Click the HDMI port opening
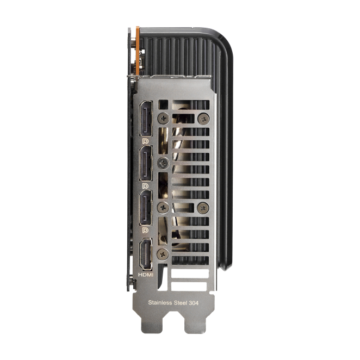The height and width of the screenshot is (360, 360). pyautogui.click(x=146, y=255)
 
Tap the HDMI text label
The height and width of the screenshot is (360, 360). pyautogui.click(x=146, y=275)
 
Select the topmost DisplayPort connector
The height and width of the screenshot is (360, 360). pyautogui.click(x=146, y=119)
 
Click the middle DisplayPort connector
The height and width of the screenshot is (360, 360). pyautogui.click(x=146, y=163)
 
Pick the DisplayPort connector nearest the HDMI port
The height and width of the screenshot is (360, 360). pyautogui.click(x=146, y=208)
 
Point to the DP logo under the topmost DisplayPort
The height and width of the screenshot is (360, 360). pyautogui.click(x=145, y=141)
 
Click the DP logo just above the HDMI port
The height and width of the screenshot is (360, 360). pyautogui.click(x=145, y=230)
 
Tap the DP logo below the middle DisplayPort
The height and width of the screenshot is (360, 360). pyautogui.click(x=145, y=185)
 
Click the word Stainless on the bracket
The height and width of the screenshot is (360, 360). pyautogui.click(x=160, y=302)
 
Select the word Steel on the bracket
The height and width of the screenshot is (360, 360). pyautogui.click(x=181, y=302)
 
